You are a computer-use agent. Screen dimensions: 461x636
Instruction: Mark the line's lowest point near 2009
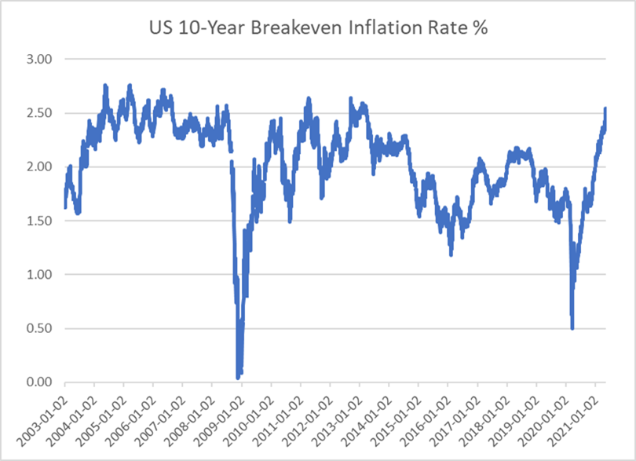[x=238, y=378]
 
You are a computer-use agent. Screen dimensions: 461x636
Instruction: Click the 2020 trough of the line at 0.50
[x=572, y=328]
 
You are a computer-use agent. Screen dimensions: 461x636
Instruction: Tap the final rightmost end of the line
[x=605, y=108]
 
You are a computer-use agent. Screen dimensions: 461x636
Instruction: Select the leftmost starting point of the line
[x=64, y=207]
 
